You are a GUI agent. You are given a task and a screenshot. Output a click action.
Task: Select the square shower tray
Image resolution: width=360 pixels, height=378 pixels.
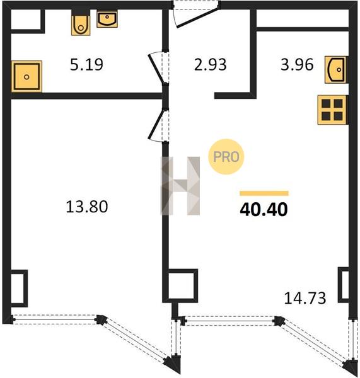pyautogui.click(x=26, y=76)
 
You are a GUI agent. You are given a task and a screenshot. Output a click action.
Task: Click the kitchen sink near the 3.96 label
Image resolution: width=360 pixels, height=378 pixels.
pyautogui.click(x=336, y=70)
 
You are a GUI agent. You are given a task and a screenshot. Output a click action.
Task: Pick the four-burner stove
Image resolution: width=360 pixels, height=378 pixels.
pyautogui.click(x=332, y=110)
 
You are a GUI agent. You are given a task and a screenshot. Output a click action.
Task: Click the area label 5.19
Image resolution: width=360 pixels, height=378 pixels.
pyautogui.click(x=86, y=65)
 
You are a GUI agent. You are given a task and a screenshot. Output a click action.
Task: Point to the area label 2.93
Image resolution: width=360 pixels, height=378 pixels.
pyautogui.click(x=211, y=65)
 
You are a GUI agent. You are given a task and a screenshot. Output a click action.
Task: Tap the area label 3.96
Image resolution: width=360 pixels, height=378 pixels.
pyautogui.click(x=297, y=65)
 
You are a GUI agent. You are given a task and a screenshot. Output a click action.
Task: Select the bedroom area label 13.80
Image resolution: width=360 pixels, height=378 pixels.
pyautogui.click(x=87, y=207)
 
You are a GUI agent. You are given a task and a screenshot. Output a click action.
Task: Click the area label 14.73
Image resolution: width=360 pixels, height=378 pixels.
pyautogui.click(x=305, y=298)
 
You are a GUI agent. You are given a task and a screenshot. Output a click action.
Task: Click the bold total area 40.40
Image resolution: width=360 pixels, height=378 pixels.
pyautogui.click(x=264, y=209)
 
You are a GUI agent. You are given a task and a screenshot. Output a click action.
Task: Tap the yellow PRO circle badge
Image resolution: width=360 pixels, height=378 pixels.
pyautogui.click(x=226, y=157)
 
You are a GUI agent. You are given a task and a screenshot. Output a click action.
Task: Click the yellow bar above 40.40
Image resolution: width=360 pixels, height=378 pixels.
pyautogui.click(x=264, y=193)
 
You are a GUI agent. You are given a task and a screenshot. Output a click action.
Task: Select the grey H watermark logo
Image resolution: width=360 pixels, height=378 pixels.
pyautogui.click(x=180, y=186)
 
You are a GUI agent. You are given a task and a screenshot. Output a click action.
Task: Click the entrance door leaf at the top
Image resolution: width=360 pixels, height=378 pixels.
pyautogui.click(x=197, y=18)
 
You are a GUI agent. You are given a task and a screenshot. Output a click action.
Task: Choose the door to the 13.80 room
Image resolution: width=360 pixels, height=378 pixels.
pyautogui.click(x=156, y=125)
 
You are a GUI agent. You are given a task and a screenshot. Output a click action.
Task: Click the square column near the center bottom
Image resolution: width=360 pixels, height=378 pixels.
pyautogui.click(x=183, y=285)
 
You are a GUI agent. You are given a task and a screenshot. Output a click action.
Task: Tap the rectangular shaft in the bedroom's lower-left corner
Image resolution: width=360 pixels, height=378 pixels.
pyautogui.click(x=19, y=289)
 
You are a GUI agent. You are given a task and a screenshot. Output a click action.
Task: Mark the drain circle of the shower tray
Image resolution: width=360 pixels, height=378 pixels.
pyautogui.click(x=26, y=77)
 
